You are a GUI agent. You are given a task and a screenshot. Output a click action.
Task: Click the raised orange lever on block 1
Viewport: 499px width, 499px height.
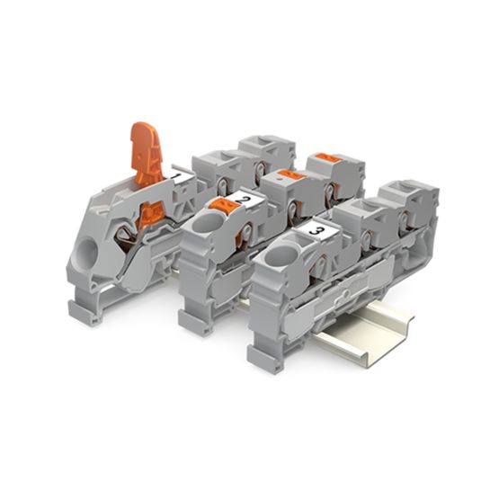(147, 153)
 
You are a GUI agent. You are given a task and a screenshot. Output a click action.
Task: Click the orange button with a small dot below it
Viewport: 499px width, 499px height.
(290, 174)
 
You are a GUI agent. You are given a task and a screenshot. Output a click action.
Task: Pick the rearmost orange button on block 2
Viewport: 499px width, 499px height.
(330, 156)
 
